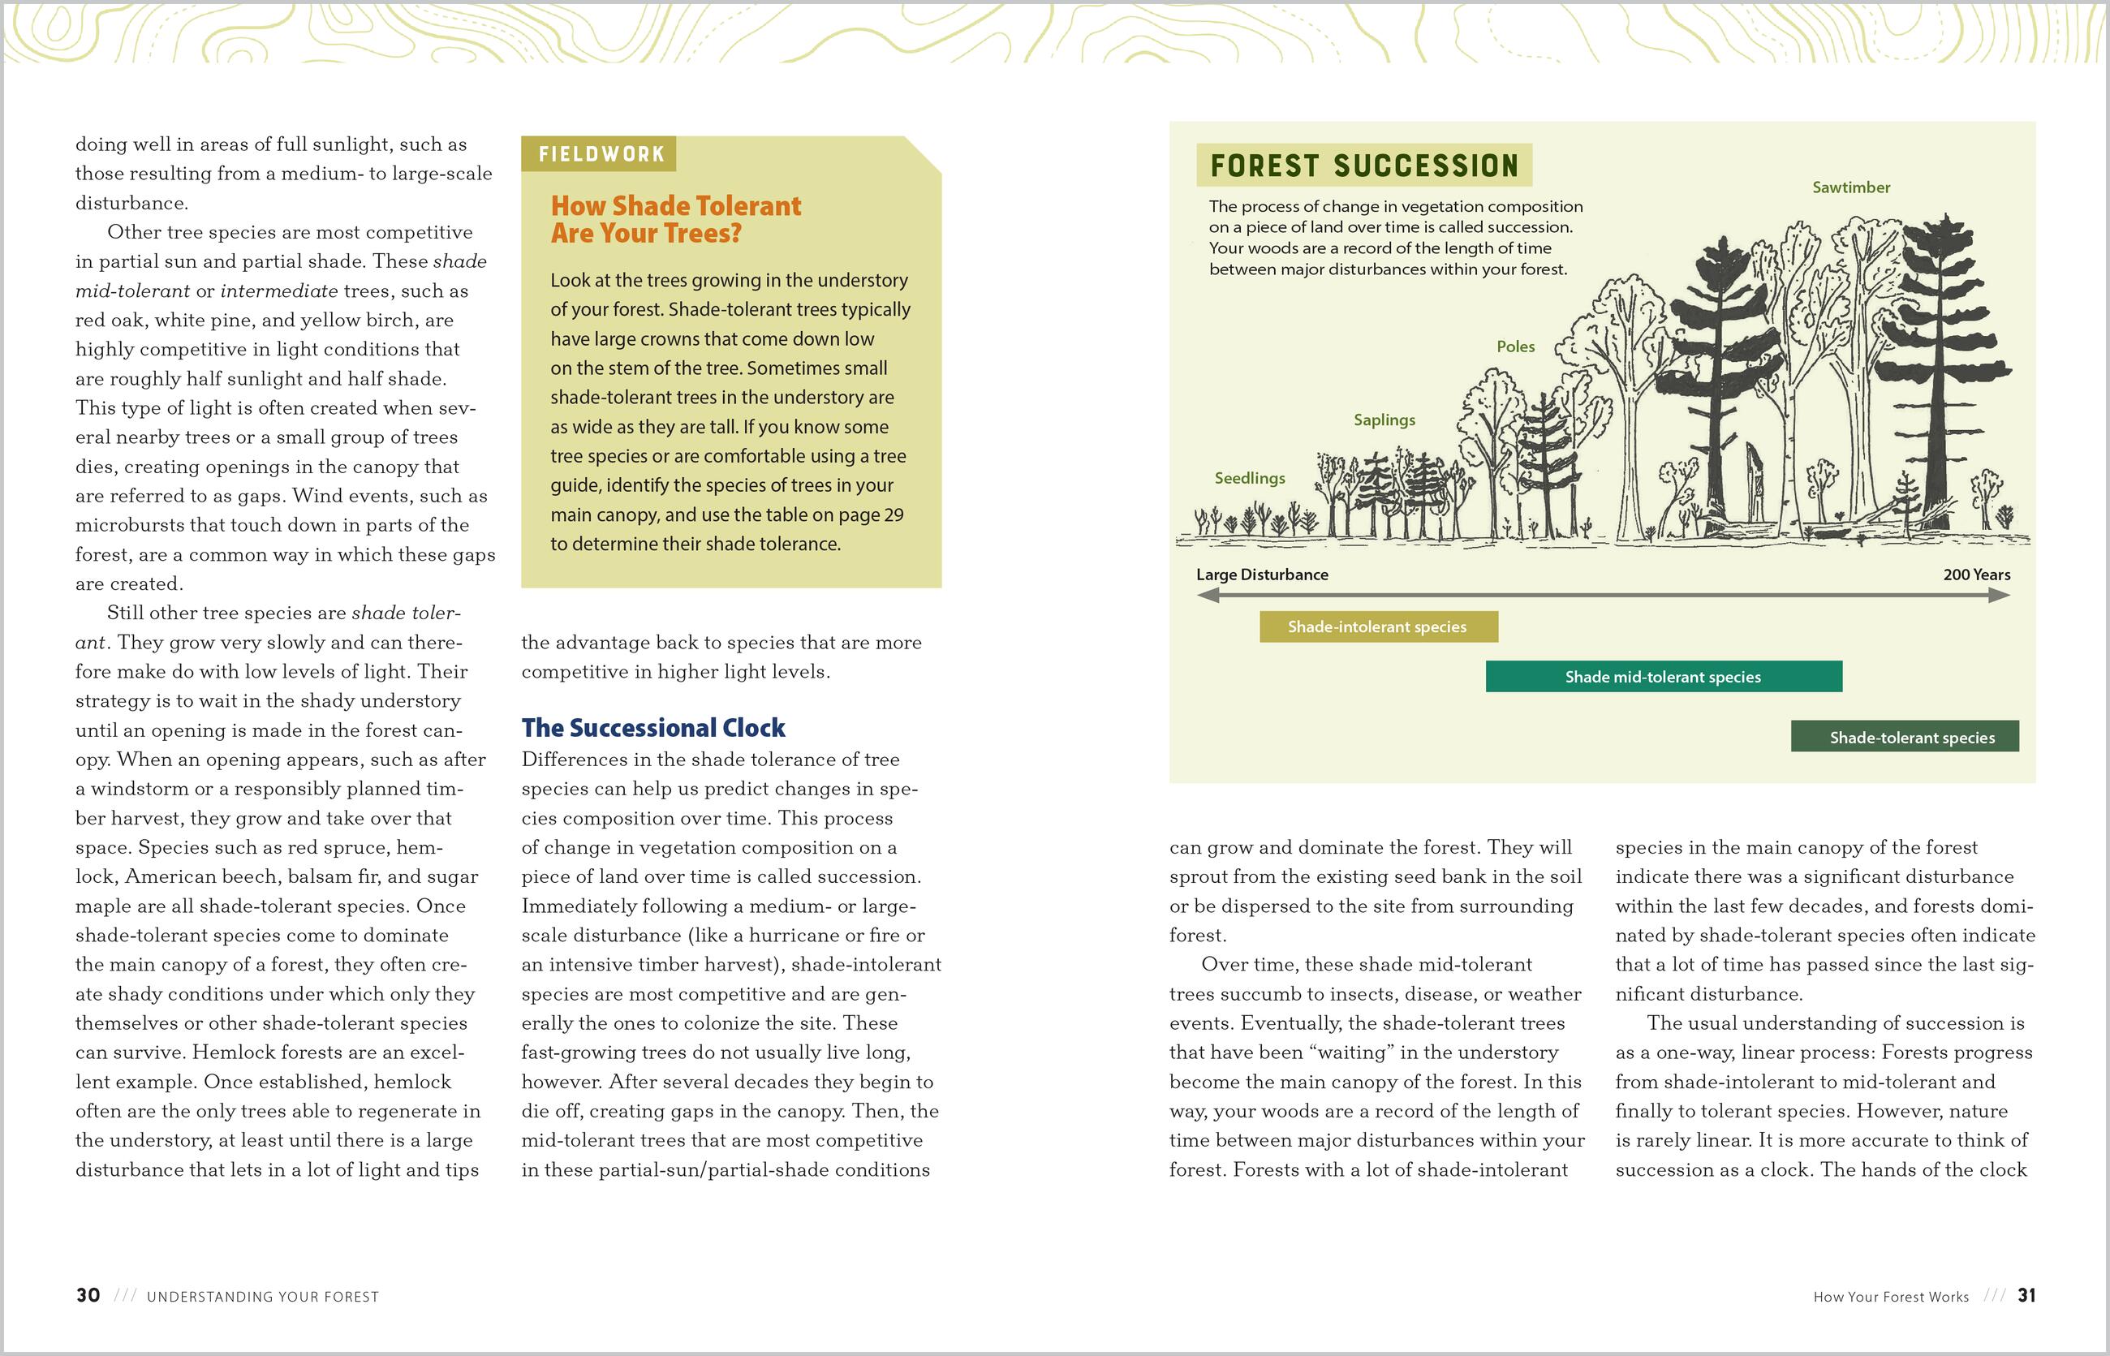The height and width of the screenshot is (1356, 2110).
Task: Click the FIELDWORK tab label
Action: point(601,154)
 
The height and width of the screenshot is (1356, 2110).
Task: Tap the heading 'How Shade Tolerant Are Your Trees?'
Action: point(675,219)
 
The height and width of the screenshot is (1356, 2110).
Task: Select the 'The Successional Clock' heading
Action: point(652,727)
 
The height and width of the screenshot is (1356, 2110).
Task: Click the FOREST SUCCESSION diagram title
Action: point(1364,166)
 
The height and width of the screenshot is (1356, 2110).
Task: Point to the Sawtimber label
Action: point(1851,187)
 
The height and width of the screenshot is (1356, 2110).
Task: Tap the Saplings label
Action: point(1384,420)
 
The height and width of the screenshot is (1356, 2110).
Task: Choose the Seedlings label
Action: point(1250,478)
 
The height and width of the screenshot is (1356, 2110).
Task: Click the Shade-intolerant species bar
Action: point(1378,627)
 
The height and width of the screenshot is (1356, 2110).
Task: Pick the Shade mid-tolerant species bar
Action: point(1664,676)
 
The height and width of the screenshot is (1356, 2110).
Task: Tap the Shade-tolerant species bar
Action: point(1904,737)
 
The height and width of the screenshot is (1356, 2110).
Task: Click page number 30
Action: point(88,1295)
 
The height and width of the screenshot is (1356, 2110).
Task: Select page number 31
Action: point(2026,1295)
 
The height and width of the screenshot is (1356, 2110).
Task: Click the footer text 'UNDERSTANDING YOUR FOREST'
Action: point(262,1297)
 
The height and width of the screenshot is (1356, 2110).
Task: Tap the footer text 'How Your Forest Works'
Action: point(1891,1297)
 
